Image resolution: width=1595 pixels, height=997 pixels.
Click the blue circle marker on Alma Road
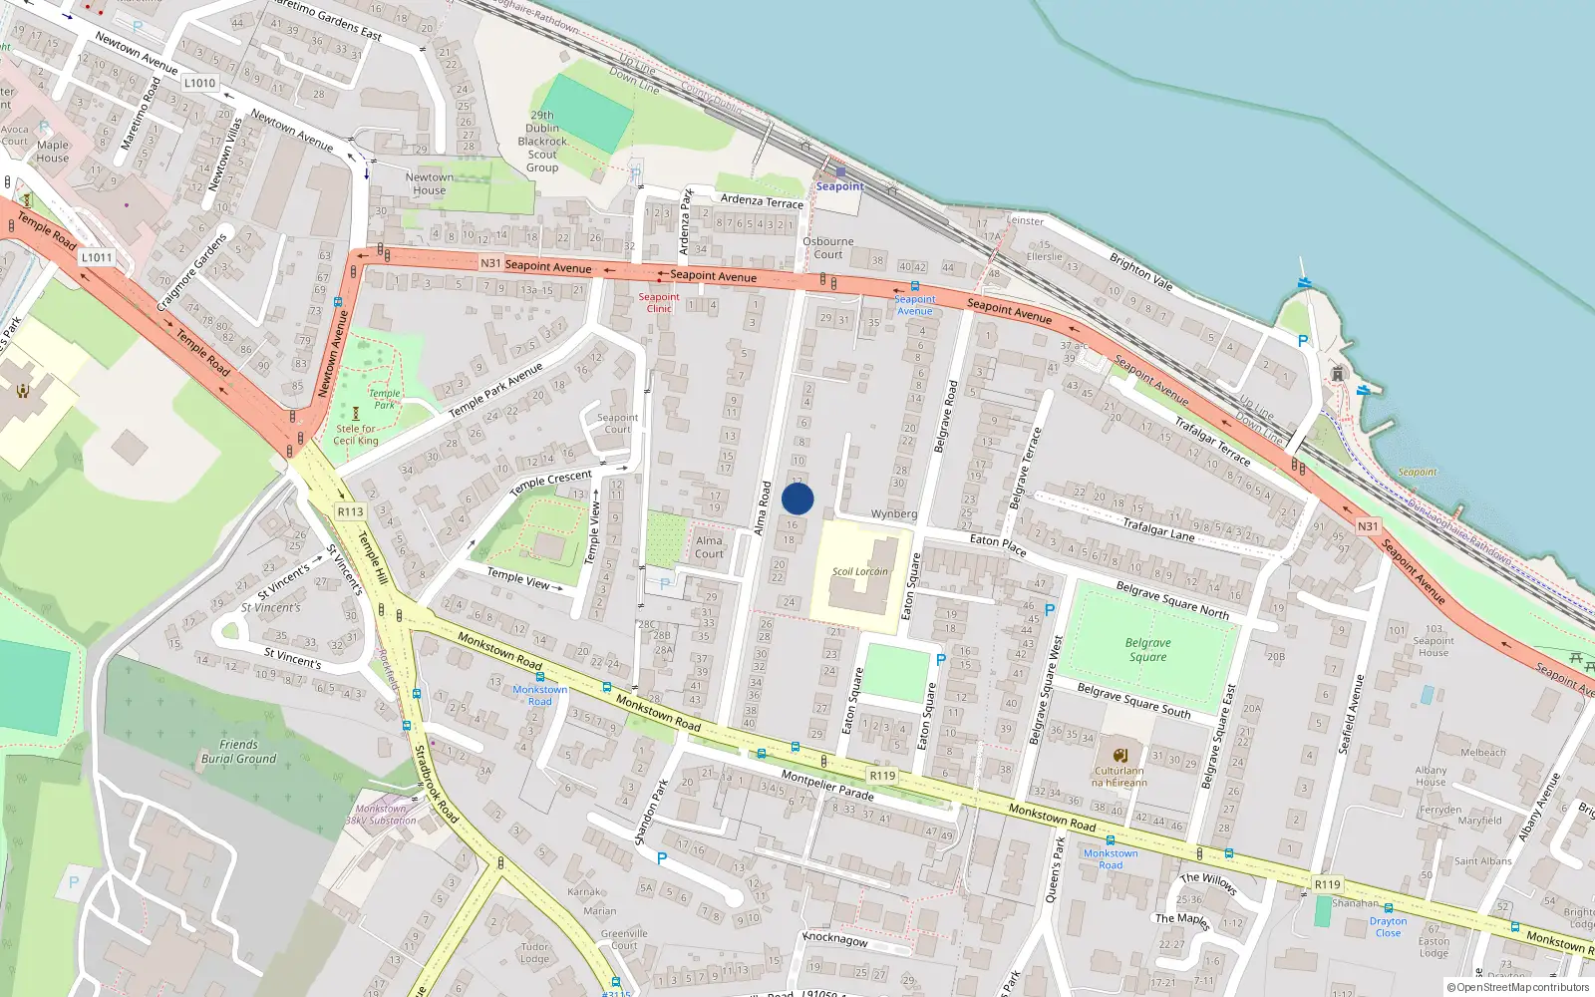(797, 498)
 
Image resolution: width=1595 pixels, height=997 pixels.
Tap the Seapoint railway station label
(839, 186)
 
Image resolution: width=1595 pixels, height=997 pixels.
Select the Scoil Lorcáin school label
(860, 571)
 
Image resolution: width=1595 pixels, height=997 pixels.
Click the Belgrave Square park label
(1147, 650)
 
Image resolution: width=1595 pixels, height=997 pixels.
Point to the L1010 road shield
(199, 83)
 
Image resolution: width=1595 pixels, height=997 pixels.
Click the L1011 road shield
(97, 257)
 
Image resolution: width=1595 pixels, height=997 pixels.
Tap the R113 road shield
(350, 511)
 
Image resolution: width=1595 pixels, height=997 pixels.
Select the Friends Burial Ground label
(238, 752)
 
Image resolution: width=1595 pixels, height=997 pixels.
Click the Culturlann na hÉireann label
(1118, 777)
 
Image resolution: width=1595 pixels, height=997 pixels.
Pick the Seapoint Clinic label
(659, 302)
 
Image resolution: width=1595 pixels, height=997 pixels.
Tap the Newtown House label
(430, 183)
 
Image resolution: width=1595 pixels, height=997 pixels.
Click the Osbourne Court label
(827, 247)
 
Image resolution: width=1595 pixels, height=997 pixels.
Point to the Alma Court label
(709, 547)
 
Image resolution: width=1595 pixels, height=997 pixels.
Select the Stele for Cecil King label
(356, 435)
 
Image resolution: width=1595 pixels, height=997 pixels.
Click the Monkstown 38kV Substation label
(380, 815)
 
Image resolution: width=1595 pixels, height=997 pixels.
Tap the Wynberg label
(893, 514)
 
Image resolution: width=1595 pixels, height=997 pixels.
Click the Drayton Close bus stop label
(1388, 927)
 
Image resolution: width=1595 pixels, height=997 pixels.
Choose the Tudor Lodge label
(534, 953)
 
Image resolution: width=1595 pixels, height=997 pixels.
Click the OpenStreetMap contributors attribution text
(1520, 988)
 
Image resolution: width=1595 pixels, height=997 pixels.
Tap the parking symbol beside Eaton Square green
(940, 659)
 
